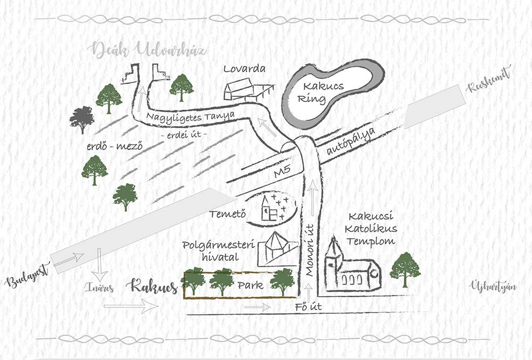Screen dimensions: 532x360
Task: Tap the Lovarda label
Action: (x=244, y=69)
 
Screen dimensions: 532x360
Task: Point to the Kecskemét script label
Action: (x=488, y=81)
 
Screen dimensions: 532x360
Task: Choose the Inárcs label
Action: (x=99, y=288)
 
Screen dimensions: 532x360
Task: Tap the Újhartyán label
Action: (x=493, y=287)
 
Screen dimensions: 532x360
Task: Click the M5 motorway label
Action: (x=282, y=172)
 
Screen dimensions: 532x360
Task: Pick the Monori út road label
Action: (x=310, y=250)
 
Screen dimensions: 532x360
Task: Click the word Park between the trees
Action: (x=251, y=286)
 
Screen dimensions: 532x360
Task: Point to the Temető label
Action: (x=227, y=214)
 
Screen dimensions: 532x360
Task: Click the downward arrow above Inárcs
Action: (x=99, y=264)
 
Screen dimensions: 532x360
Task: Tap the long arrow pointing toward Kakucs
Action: (x=131, y=306)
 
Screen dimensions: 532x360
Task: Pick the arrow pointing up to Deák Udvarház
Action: (x=141, y=99)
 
